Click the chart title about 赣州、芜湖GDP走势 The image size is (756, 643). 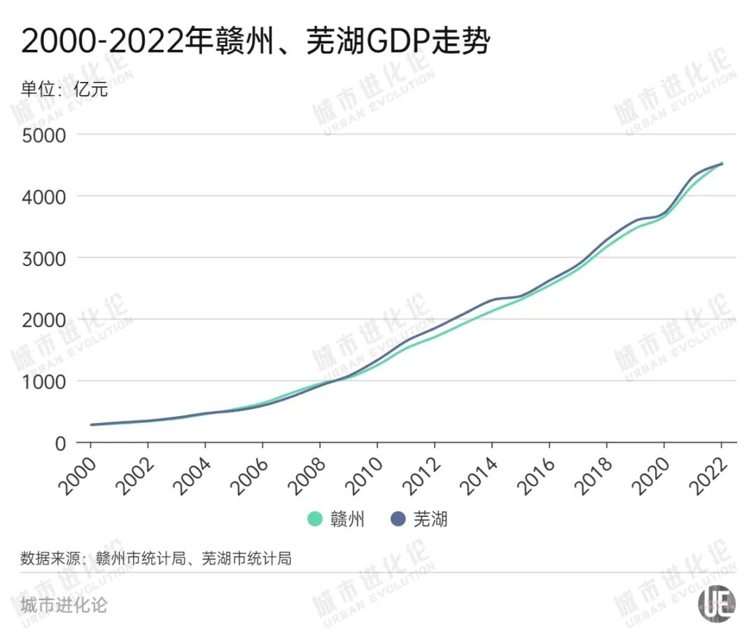click(255, 42)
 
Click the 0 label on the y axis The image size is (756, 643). click(61, 443)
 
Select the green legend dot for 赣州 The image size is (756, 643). click(316, 519)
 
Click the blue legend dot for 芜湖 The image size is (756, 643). click(398, 519)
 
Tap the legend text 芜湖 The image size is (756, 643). click(430, 519)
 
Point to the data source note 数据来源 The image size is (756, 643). click(155, 558)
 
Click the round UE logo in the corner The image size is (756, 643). click(717, 602)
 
